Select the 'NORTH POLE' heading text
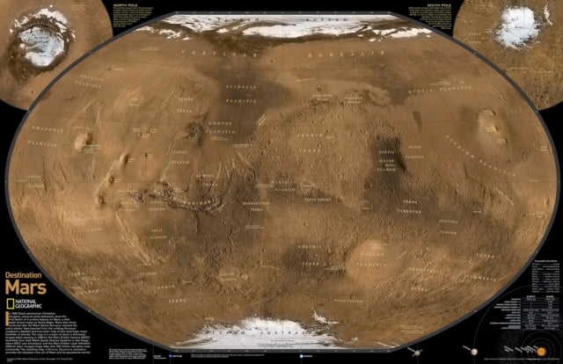(x=127, y=4)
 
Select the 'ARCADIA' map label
(x=92, y=79)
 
